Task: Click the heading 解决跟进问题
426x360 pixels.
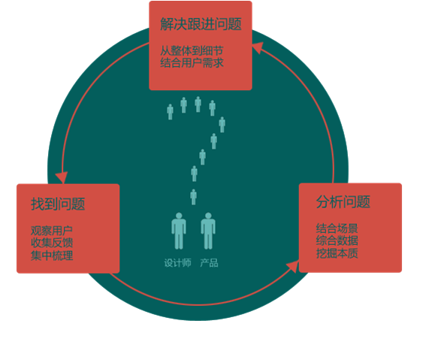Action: (x=201, y=24)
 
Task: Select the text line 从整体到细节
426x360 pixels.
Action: (x=192, y=50)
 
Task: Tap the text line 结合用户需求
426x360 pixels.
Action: (x=192, y=63)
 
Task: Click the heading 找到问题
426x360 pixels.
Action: (x=58, y=204)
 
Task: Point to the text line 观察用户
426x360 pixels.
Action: (x=52, y=231)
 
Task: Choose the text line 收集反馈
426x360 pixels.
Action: (x=52, y=243)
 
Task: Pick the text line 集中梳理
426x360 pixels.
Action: (x=52, y=256)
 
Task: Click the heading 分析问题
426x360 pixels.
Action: (x=343, y=202)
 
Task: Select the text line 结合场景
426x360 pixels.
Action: (x=337, y=228)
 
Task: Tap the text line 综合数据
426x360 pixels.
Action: (x=337, y=241)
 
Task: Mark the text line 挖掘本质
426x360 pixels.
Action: (x=337, y=253)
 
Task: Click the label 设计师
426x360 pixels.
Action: (x=177, y=263)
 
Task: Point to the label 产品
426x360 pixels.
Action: (x=209, y=263)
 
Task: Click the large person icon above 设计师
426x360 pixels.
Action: (x=179, y=231)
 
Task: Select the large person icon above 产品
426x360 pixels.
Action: (x=208, y=231)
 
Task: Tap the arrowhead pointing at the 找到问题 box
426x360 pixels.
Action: (x=62, y=177)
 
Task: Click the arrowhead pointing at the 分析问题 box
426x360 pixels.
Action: (x=293, y=266)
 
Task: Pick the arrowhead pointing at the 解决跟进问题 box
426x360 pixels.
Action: (x=258, y=48)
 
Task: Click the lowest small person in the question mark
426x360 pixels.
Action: (x=193, y=197)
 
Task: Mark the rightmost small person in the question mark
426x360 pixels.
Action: (x=222, y=125)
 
